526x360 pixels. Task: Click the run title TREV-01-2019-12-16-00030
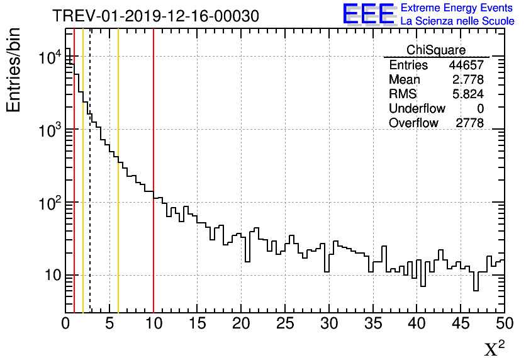[x=155, y=16]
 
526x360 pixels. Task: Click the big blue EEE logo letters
[x=368, y=14]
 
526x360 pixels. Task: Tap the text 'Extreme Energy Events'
[x=457, y=8]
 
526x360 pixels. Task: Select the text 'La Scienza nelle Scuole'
[x=457, y=21]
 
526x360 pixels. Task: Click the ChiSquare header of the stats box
[x=435, y=50]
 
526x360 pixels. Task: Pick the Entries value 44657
[x=466, y=65]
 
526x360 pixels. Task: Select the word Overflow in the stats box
[x=413, y=123]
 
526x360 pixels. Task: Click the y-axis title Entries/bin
[x=13, y=70]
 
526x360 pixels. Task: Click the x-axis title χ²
[x=495, y=348]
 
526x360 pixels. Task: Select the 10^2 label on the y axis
[x=50, y=203]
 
